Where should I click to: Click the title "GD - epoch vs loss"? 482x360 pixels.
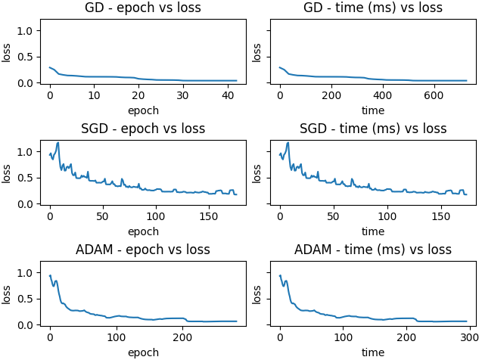pos(143,8)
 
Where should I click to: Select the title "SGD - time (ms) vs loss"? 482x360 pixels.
pos(373,129)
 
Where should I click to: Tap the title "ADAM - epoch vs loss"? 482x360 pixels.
pos(143,250)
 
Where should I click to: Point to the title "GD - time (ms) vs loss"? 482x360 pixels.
pos(373,8)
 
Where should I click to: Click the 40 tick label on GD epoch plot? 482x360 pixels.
pos(228,95)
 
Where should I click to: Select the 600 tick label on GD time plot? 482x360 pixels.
pos(434,95)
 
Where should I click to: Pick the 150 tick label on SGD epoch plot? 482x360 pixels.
pos(208,216)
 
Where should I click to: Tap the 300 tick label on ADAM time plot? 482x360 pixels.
pos(469,337)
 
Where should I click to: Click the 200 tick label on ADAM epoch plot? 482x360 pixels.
pos(182,337)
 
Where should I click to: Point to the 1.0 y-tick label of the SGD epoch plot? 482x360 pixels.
pos(24,152)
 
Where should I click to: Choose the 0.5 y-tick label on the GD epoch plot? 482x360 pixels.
pos(24,57)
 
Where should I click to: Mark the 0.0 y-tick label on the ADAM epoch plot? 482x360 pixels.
pos(24,325)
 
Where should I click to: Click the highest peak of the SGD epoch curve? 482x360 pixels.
pos(58,142)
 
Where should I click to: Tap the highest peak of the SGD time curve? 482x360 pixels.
pos(288,142)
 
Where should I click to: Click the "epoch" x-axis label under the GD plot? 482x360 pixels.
pos(143,110)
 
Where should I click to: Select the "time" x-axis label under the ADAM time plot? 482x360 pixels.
pos(373,352)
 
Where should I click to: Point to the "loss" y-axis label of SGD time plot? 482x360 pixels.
pos(257,174)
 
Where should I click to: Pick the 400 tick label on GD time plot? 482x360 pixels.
pos(382,95)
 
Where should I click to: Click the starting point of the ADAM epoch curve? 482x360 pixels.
pos(50,275)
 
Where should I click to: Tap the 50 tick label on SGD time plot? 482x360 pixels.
pos(333,216)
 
